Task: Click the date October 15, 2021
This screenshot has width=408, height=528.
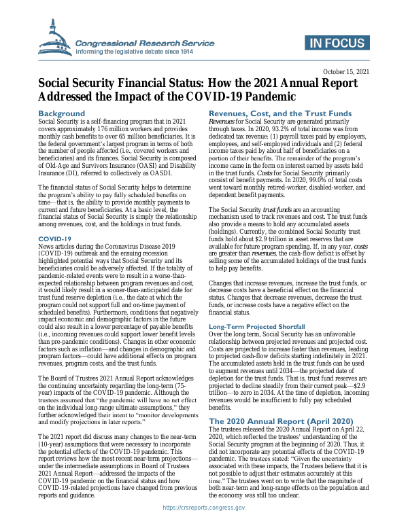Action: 346,71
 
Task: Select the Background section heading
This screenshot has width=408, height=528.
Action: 62,113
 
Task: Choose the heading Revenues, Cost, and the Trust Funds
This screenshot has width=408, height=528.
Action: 280,113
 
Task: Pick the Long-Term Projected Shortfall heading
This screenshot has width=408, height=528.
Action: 259,327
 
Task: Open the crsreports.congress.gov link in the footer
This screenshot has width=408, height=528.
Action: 203,508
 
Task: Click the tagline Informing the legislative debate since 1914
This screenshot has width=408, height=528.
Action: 135,52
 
